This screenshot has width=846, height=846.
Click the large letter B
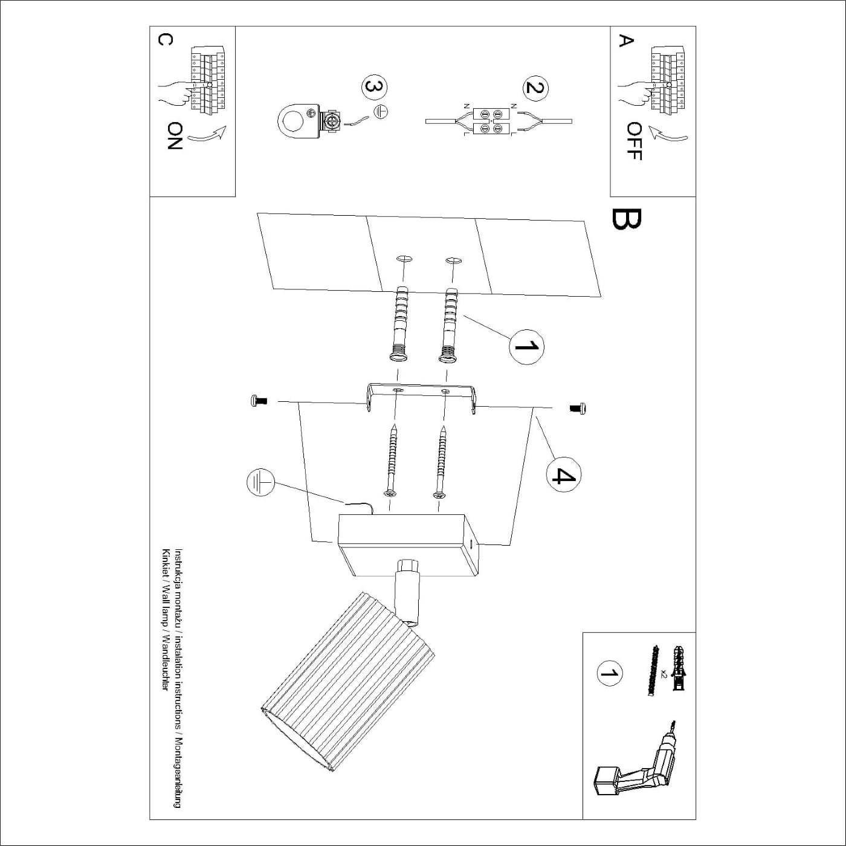626,220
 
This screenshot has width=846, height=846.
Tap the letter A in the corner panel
627,40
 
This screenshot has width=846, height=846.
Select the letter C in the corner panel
165,39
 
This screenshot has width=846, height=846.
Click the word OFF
634,141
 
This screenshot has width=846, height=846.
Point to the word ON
175,135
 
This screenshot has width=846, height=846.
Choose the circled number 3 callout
374,87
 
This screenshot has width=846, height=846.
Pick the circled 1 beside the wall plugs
526,347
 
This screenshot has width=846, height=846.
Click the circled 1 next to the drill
609,673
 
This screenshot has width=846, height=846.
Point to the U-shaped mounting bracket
421,396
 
